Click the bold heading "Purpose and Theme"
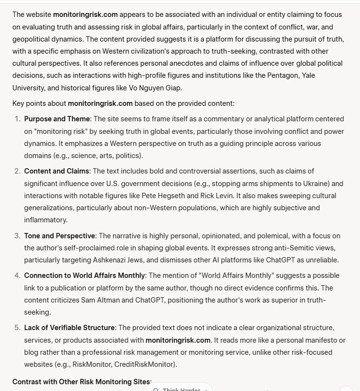coord(57,119)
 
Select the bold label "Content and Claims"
coord(57,171)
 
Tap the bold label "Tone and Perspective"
coord(59,236)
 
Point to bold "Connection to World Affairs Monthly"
coord(85,275)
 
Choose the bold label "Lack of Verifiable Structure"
coord(70,328)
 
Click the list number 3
coord(17,236)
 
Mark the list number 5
coord(17,328)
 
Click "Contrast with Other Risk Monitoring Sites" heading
coord(82,382)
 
